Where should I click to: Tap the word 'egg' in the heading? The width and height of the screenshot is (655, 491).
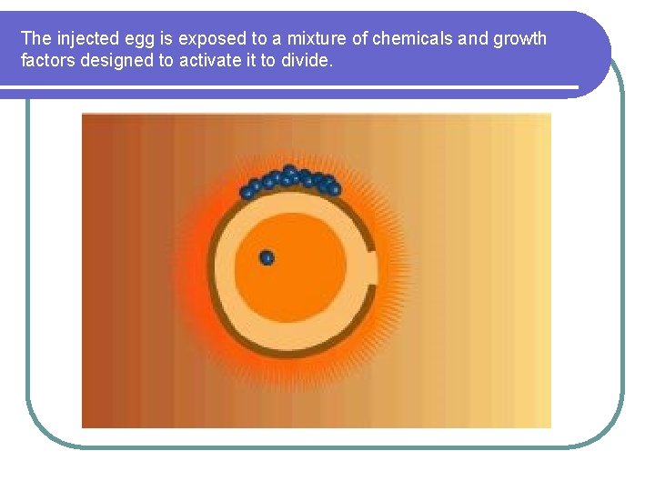[x=145, y=39]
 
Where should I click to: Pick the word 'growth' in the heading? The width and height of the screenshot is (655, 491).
[x=520, y=39]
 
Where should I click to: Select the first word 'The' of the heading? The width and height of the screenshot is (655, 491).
[x=36, y=39]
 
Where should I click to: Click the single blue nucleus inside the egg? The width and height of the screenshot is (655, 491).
[x=267, y=258]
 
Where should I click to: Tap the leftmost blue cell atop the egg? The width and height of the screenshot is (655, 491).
[x=247, y=193]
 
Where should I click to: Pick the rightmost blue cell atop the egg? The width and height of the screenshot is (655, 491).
[x=334, y=189]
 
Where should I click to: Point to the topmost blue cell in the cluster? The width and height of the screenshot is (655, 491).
[x=289, y=170]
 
